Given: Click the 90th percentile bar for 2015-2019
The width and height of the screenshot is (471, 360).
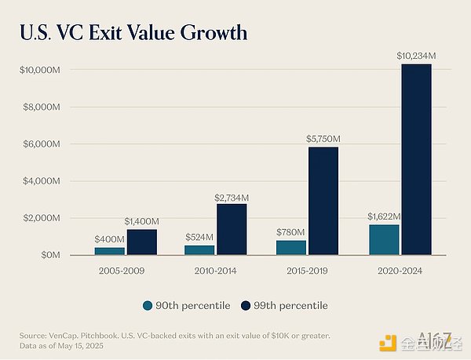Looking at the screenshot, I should pyautogui.click(x=290, y=248).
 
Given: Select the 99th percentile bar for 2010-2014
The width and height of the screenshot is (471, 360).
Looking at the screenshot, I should pyautogui.click(x=232, y=229).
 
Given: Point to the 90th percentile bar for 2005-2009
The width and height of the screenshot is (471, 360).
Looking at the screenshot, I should pyautogui.click(x=110, y=251).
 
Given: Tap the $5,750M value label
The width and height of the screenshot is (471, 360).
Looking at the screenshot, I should pyautogui.click(x=323, y=139).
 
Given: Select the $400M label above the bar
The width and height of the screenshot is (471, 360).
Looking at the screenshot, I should pyautogui.click(x=109, y=239).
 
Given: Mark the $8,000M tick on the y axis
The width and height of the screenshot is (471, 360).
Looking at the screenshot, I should pyautogui.click(x=39, y=107).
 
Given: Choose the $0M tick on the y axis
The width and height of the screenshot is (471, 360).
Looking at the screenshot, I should pyautogui.click(x=49, y=255).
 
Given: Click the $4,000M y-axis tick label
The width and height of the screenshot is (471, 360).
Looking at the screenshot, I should pyautogui.click(x=39, y=181).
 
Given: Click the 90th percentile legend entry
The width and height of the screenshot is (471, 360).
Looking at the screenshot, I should pyautogui.click(x=186, y=305).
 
